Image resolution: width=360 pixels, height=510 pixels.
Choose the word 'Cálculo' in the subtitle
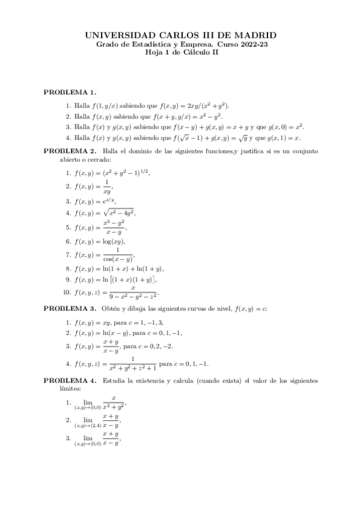click(x=192, y=52)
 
